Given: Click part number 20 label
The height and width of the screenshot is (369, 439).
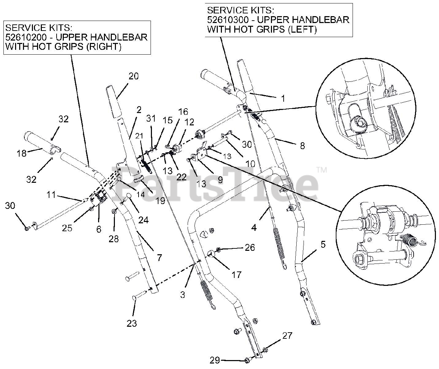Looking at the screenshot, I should [x=133, y=76].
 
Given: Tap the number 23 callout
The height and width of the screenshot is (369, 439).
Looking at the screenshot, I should [x=132, y=323].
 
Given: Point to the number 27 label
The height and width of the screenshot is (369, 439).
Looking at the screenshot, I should [x=287, y=335].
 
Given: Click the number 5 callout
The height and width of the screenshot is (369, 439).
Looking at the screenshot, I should [x=323, y=245].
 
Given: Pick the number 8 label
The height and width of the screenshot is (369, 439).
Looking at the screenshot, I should [x=302, y=145].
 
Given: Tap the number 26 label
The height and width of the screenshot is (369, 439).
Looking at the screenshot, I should [x=250, y=247].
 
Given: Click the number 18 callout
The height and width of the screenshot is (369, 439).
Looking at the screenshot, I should [x=22, y=153].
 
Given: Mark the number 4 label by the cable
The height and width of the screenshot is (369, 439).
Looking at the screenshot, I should [x=254, y=227].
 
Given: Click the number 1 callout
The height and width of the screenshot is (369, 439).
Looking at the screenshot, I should [x=283, y=98].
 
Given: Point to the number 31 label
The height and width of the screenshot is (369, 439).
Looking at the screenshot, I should [x=151, y=118].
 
